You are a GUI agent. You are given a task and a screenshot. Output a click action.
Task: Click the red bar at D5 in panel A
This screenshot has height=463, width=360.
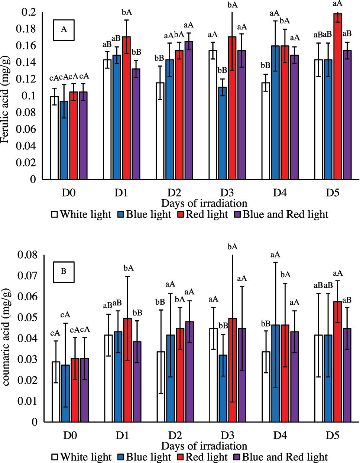338,97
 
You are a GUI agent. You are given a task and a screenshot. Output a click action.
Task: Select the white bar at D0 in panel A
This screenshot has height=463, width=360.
55,138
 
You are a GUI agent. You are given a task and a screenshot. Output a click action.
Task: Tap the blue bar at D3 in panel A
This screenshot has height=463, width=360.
222,133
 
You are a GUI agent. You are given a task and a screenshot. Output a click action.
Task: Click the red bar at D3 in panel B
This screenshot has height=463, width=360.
232,370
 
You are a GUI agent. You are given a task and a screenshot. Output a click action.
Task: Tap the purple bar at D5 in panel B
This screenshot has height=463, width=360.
347,375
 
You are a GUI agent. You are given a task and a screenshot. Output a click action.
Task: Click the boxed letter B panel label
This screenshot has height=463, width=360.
64,271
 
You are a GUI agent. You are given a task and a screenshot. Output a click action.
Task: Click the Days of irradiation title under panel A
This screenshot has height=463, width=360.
204,203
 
